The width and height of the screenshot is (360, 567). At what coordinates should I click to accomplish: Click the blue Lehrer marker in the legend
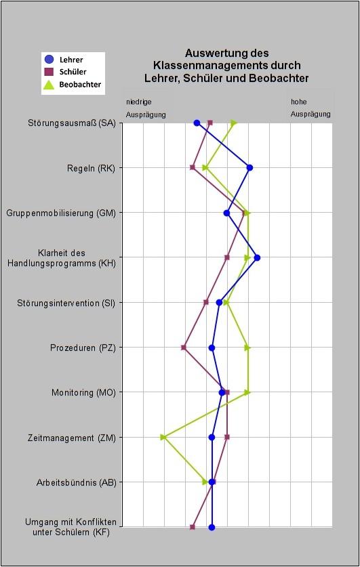pyautogui.click(x=49, y=60)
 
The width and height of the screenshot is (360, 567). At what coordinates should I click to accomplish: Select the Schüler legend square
pyautogui.click(x=49, y=72)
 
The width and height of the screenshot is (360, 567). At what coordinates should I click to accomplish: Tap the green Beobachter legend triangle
pyautogui.click(x=49, y=84)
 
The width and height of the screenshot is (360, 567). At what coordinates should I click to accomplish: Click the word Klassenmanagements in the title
pyautogui.click(x=227, y=66)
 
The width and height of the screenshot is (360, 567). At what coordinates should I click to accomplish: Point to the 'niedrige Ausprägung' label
pyautogui.click(x=146, y=108)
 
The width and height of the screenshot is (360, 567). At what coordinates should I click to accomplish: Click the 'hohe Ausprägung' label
pyautogui.click(x=311, y=108)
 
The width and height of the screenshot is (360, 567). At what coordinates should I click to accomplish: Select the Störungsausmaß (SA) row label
pyautogui.click(x=72, y=123)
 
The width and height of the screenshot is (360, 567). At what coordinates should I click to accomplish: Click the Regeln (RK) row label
pyautogui.click(x=91, y=168)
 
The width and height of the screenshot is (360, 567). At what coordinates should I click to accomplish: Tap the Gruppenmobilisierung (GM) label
pyautogui.click(x=61, y=213)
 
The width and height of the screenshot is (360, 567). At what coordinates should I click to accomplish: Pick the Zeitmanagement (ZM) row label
pyautogui.click(x=72, y=438)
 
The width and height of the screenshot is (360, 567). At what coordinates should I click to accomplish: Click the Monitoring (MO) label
pyautogui.click(x=83, y=392)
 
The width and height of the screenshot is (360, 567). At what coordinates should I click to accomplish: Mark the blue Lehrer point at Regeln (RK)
pyautogui.click(x=249, y=168)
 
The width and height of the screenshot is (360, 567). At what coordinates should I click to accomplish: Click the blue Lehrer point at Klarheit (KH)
pyautogui.click(x=257, y=258)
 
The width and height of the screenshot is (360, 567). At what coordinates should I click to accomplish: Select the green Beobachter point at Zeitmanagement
pyautogui.click(x=163, y=437)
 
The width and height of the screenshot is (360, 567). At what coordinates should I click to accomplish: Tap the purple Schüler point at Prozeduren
pyautogui.click(x=184, y=348)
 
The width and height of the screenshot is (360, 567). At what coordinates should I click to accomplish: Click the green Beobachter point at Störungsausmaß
pyautogui.click(x=234, y=123)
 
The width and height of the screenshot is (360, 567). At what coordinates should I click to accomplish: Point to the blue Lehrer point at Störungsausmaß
pyautogui.click(x=197, y=123)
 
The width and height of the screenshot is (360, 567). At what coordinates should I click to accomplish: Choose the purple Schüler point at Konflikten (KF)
pyautogui.click(x=193, y=527)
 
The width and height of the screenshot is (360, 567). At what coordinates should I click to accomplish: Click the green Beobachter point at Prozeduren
pyautogui.click(x=247, y=348)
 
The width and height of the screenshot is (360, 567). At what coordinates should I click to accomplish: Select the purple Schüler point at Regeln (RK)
pyautogui.click(x=193, y=168)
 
